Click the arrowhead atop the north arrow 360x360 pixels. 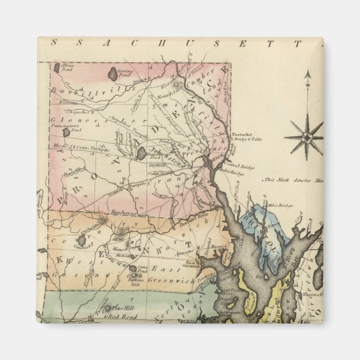tap(307, 73)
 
